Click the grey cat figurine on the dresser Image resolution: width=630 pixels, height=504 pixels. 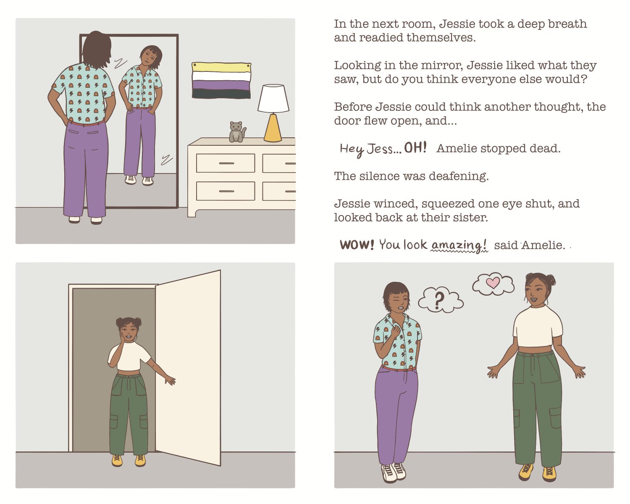[x=237, y=132]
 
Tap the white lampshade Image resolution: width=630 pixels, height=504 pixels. [x=273, y=98]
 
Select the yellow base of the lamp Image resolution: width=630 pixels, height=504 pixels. [x=273, y=128]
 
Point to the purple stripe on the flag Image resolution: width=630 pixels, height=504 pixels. [x=221, y=85]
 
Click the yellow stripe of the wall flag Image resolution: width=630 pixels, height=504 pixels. [x=221, y=67]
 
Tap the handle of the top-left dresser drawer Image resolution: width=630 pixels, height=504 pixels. [x=226, y=163]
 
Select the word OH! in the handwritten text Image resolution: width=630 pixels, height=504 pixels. [x=415, y=148]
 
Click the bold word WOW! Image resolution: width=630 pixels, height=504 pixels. [x=357, y=244]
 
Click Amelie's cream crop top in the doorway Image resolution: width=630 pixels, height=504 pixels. [x=129, y=357]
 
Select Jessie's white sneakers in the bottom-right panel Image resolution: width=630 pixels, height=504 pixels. [x=393, y=472]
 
